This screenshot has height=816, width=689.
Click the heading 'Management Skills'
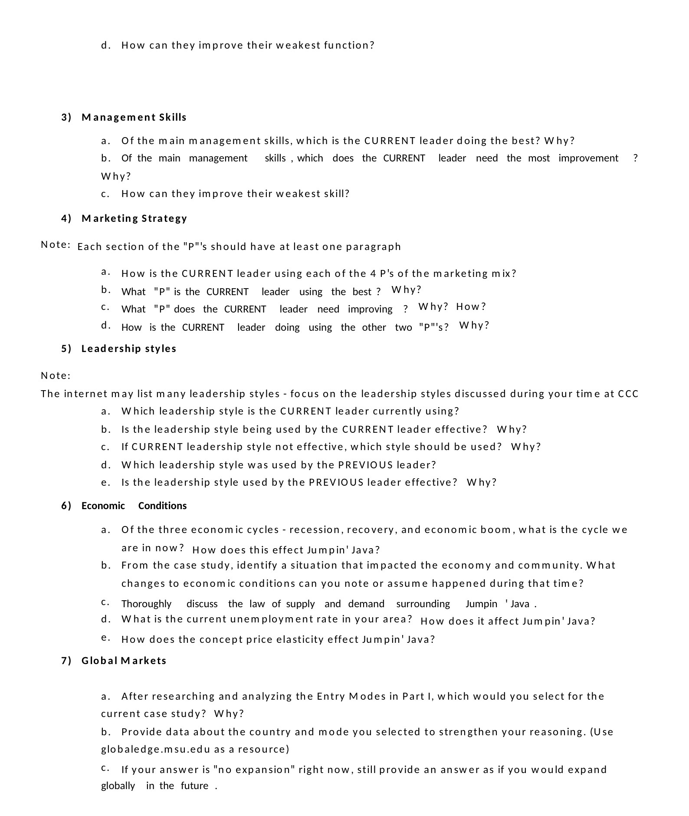click(134, 117)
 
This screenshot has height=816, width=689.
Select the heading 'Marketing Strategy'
click(134, 218)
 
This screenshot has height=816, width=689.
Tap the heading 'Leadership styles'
click(129, 349)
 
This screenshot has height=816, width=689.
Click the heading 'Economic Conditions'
click(134, 506)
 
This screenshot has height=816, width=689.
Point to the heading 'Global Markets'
click(124, 661)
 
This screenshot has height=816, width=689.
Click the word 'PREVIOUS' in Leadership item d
click(365, 465)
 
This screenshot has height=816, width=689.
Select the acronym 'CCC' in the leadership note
click(628, 394)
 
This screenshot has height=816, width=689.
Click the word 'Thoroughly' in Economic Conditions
click(146, 604)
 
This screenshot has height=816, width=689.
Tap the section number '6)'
click(66, 506)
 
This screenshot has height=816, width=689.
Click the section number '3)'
click(66, 117)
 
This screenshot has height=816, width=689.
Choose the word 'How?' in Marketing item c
click(471, 306)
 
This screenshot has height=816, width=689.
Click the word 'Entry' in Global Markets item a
click(331, 696)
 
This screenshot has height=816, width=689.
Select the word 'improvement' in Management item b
click(588, 158)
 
